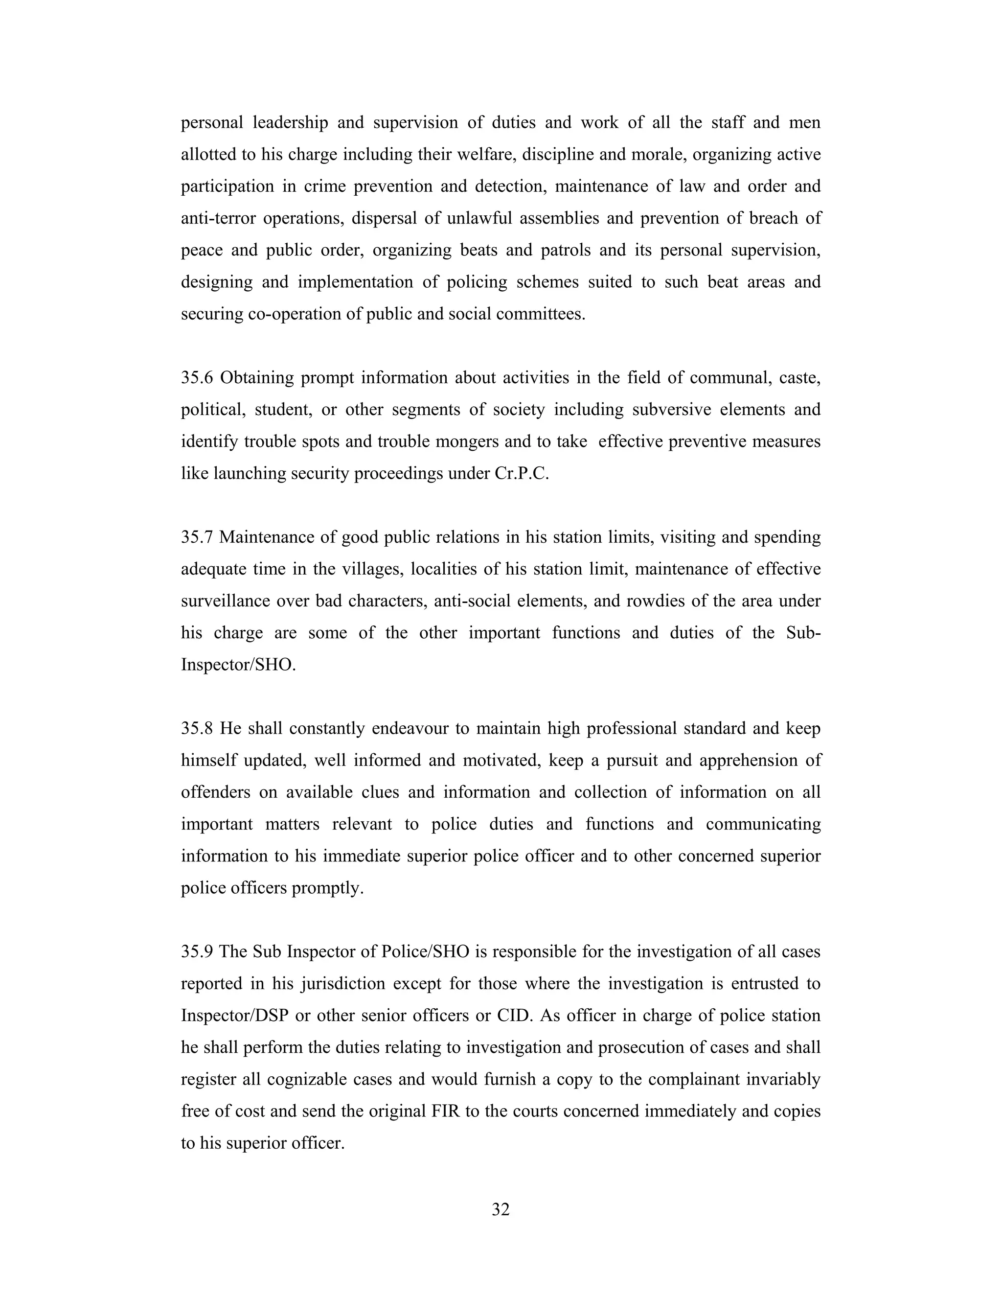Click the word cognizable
[x=306, y=1079]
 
